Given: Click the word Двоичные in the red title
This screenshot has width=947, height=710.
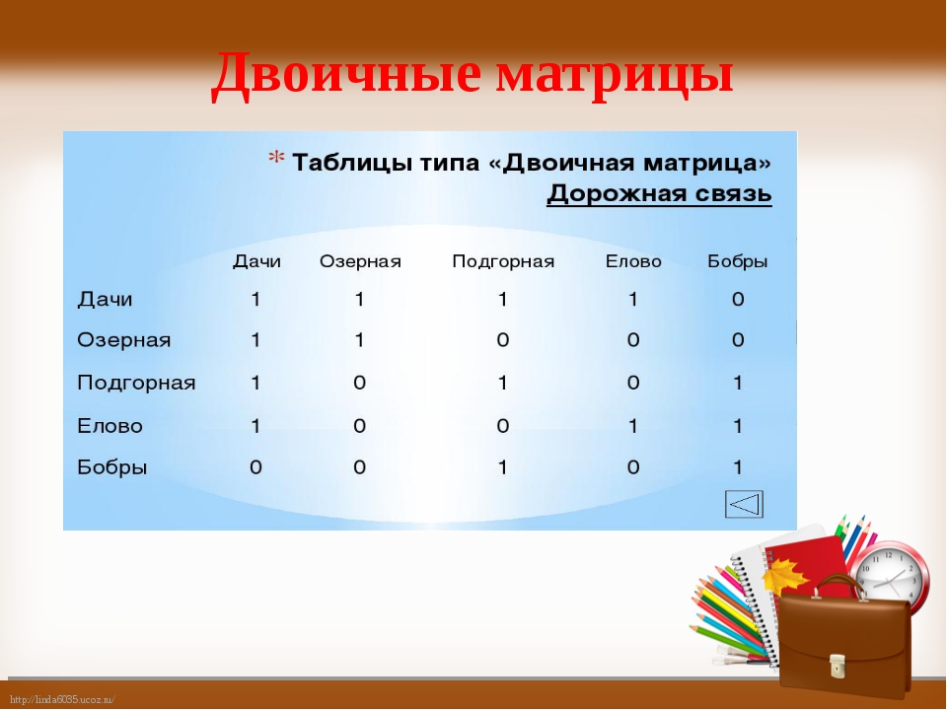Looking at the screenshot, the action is pyautogui.click(x=346, y=75).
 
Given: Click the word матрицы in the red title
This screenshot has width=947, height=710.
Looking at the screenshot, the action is pyautogui.click(x=615, y=77).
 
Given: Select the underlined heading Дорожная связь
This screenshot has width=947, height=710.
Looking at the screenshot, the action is pyautogui.click(x=659, y=194).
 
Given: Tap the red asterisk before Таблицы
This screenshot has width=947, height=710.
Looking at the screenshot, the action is pyautogui.click(x=276, y=158).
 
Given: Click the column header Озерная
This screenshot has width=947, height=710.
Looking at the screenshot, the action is pyautogui.click(x=360, y=261).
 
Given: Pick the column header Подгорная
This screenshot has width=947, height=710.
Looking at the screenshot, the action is pyautogui.click(x=503, y=262).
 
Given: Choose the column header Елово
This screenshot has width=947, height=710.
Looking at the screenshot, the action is pyautogui.click(x=633, y=261).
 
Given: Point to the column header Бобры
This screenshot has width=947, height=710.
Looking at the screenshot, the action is pyautogui.click(x=738, y=261).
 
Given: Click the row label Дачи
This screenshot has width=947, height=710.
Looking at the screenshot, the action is pyautogui.click(x=105, y=300).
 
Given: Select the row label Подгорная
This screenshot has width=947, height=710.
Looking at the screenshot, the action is pyautogui.click(x=136, y=383).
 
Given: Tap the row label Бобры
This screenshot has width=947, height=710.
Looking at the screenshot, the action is pyautogui.click(x=112, y=466).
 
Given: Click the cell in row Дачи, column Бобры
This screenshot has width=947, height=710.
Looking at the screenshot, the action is pyautogui.click(x=738, y=300).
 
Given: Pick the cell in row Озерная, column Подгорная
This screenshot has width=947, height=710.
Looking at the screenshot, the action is pyautogui.click(x=502, y=340).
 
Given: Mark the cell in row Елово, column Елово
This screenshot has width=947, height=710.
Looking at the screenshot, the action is pyautogui.click(x=632, y=426).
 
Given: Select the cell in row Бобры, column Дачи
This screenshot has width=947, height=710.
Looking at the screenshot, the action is pyautogui.click(x=255, y=466).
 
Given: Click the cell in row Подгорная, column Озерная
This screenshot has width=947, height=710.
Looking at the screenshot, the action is pyautogui.click(x=359, y=383).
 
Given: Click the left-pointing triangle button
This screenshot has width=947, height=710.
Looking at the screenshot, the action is pyautogui.click(x=744, y=504).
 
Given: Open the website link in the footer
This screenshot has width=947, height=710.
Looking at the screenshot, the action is pyautogui.click(x=62, y=700).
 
